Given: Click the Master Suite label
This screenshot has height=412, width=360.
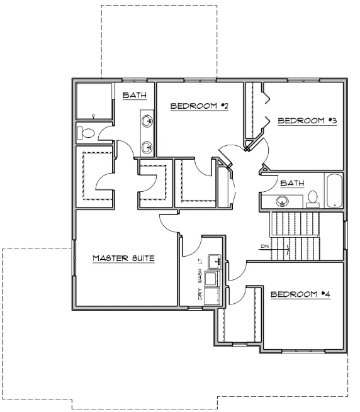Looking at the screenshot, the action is tap(123, 258).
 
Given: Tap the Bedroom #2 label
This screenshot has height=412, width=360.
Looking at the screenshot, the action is tap(200, 106).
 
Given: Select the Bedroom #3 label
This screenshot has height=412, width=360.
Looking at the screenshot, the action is tap(307, 121).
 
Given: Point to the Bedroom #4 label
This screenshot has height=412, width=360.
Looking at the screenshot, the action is tap(300, 294).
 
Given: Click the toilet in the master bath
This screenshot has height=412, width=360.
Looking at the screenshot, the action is tap(86, 133).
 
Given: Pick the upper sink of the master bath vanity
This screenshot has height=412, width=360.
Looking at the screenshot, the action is tap(147, 121).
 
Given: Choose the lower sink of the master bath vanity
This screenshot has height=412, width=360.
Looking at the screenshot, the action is tap(147, 147).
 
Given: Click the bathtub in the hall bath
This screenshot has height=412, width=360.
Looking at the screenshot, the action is tap(334, 191).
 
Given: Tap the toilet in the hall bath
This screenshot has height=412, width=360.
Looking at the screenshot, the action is tap(312, 199).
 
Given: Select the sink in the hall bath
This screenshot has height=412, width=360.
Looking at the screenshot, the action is tap(282, 201).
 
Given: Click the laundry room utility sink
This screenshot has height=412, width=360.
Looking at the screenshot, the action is tap(215, 262).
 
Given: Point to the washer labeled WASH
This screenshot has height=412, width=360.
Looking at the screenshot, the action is tap(212, 279).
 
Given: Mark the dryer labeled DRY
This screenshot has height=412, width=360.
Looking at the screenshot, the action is tap(212, 296).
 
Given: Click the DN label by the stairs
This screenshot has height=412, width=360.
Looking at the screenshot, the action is tap(265, 246).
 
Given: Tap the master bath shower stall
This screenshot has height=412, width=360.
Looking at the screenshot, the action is tap(94, 101).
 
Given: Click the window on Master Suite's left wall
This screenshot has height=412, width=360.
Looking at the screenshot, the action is tap(74, 258).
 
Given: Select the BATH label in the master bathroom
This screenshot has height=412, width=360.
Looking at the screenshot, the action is tap(135, 95).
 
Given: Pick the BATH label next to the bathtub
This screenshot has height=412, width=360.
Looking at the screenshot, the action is tap(292, 183).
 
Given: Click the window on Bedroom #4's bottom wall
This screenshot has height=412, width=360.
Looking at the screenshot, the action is tap(303, 351).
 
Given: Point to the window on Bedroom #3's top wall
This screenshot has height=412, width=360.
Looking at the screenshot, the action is tap(303, 80).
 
